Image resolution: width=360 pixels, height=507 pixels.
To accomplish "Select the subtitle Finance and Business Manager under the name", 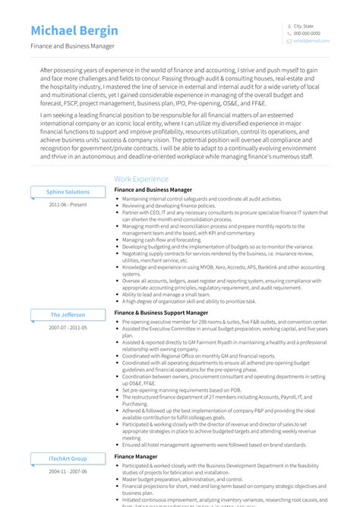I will (x=73, y=46).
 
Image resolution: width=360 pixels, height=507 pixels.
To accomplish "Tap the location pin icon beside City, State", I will (x=289, y=27).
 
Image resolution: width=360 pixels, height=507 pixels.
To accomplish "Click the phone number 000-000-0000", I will (x=307, y=33).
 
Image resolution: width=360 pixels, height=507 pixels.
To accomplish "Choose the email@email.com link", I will (x=308, y=41).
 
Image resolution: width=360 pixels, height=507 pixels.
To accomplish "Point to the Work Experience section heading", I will (x=141, y=179).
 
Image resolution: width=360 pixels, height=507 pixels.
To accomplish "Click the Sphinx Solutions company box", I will (x=68, y=192).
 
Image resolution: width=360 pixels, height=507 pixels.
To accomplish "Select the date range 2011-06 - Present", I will (x=68, y=205).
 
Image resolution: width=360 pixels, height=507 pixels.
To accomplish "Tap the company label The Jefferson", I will (x=68, y=314).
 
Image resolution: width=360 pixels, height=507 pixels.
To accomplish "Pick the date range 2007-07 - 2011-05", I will (x=68, y=327).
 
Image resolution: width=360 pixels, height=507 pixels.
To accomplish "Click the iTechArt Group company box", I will (x=68, y=458).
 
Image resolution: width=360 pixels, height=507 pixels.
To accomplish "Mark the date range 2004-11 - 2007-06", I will (x=68, y=471).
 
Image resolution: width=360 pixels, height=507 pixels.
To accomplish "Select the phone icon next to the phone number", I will (x=289, y=33).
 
